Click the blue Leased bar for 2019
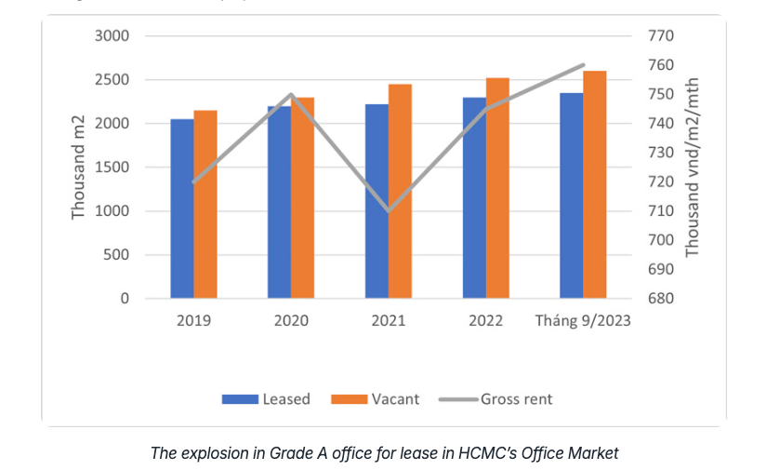(182, 209)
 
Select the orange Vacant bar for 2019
(205, 205)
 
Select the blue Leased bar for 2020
(279, 202)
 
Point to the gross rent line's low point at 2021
(389, 210)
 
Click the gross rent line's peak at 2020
(291, 95)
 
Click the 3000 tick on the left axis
(112, 36)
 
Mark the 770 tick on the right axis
(658, 36)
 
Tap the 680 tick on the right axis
(658, 299)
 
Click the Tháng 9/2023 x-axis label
(583, 321)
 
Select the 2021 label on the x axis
(389, 321)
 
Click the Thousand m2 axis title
(79, 168)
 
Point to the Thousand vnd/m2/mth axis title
(693, 168)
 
